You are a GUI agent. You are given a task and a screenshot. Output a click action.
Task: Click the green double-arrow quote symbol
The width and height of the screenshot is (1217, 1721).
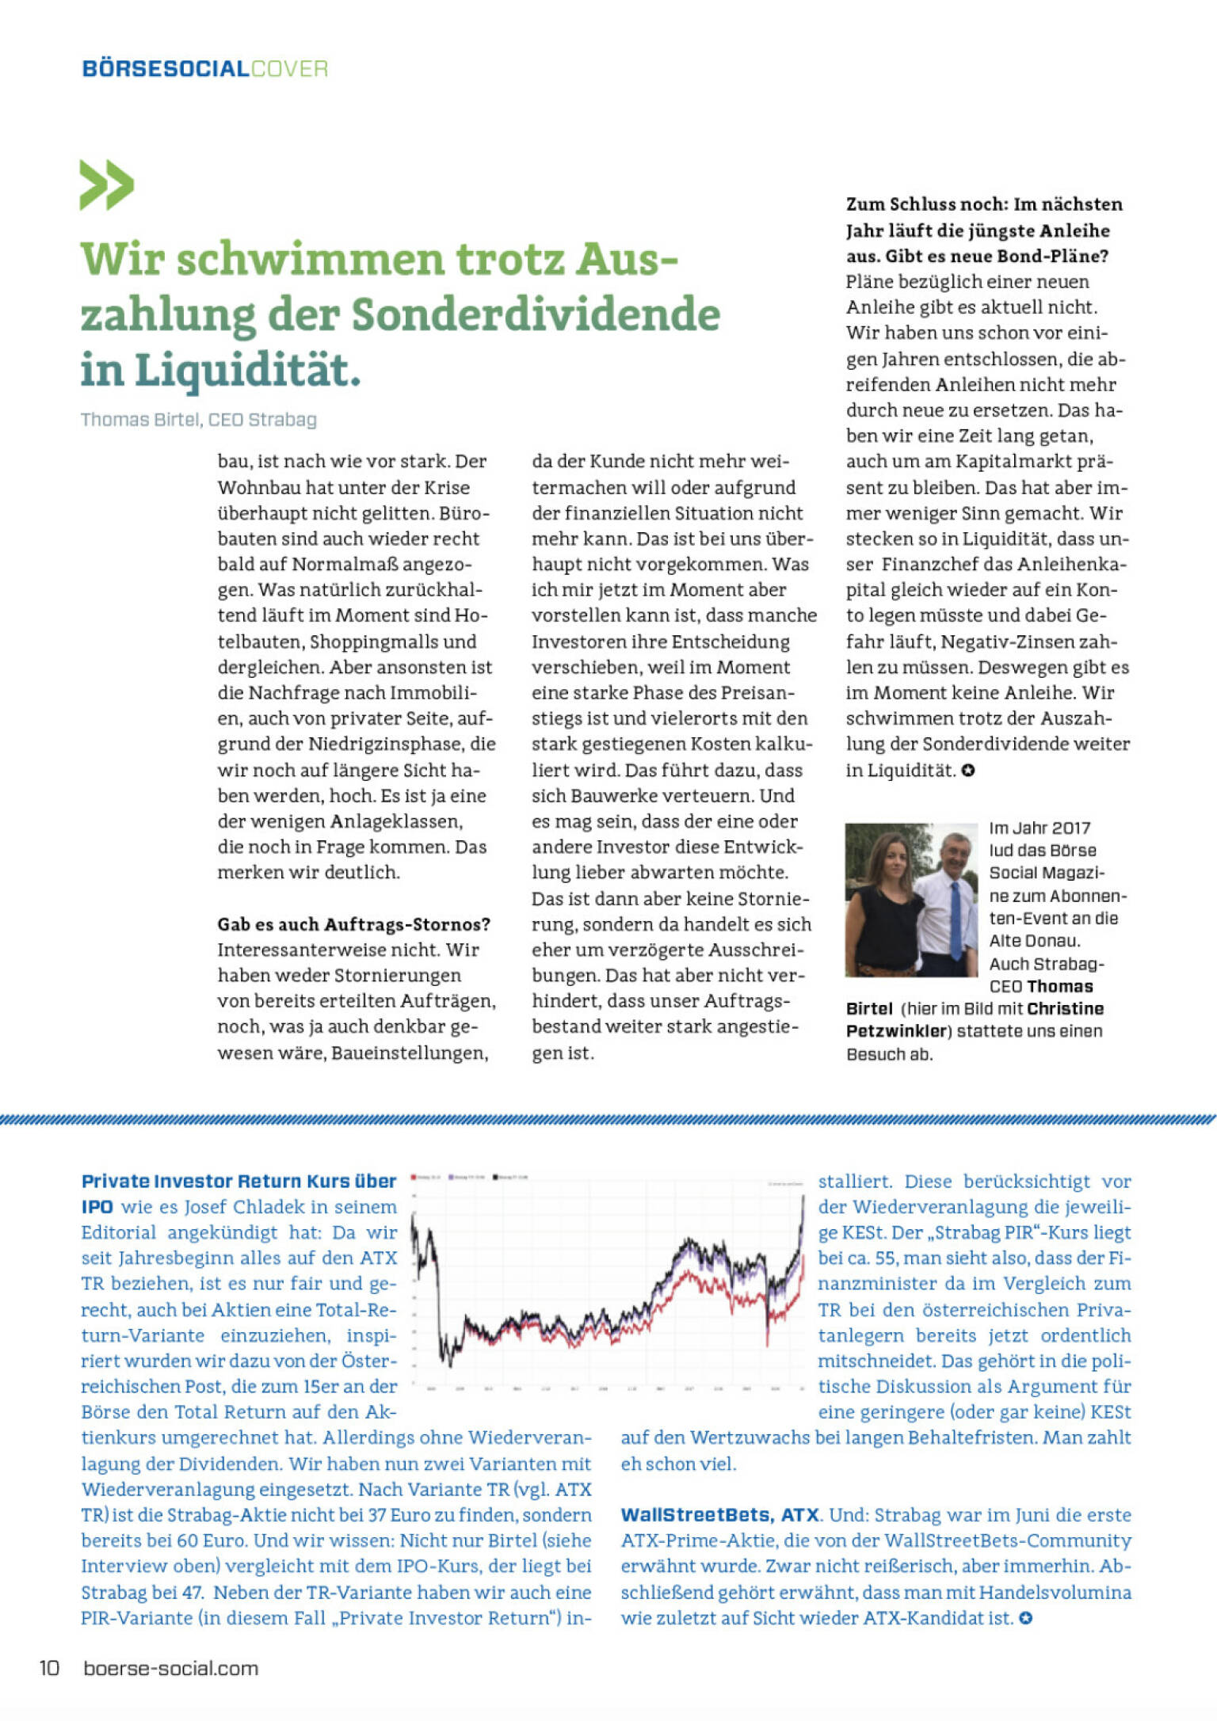[x=106, y=185]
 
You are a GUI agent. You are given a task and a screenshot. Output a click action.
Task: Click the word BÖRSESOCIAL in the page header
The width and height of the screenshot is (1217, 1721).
[x=166, y=69]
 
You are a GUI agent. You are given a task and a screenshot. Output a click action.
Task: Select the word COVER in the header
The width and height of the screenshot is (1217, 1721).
[x=289, y=69]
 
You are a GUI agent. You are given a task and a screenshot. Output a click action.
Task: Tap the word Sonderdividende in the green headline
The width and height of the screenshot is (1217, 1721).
[x=536, y=314]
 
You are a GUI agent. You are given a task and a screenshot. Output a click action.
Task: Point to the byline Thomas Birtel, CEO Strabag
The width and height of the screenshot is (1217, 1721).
[x=198, y=420]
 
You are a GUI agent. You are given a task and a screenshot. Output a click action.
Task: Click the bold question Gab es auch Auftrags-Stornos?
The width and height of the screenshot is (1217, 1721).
[x=353, y=924]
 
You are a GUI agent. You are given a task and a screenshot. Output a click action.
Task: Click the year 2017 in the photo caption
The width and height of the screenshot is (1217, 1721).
[x=1071, y=828]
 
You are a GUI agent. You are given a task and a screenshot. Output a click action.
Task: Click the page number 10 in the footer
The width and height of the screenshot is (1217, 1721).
[x=49, y=1668]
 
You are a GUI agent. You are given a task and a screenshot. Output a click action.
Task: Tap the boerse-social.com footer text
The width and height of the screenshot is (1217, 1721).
[x=171, y=1669]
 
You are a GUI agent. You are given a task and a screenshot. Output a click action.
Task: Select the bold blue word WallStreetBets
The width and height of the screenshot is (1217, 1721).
[x=696, y=1515]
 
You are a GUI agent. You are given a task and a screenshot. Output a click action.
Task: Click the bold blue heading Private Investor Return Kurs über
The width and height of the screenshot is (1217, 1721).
[x=238, y=1182]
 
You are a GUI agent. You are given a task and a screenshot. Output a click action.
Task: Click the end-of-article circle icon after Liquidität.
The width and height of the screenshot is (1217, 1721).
[x=968, y=771]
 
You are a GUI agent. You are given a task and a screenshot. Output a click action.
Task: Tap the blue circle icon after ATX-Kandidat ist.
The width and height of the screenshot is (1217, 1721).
[x=1025, y=1618]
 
